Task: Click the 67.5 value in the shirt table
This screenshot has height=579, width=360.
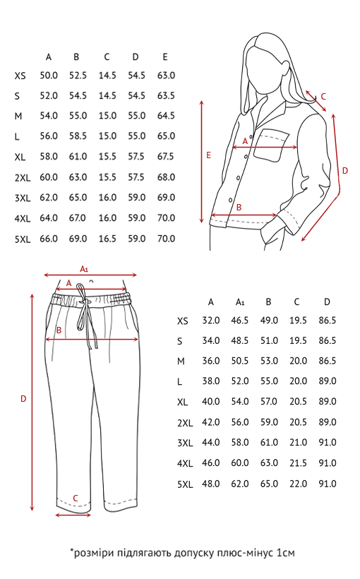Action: point(166,157)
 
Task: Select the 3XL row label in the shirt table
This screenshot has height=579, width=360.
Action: point(23,198)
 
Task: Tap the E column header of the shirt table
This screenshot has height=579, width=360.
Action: point(165,57)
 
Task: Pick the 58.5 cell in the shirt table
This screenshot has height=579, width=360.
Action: point(78,136)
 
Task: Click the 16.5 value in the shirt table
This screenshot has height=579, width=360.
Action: point(107,239)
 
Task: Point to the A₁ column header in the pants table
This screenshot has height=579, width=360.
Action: point(240,302)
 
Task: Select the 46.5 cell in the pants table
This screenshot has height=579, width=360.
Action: point(240,321)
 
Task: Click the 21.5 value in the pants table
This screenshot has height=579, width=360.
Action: point(298,463)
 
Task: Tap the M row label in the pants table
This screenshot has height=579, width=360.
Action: point(181,362)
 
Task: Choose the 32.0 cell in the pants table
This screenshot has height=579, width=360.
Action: point(211,321)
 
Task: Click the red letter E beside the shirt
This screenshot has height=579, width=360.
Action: point(209,155)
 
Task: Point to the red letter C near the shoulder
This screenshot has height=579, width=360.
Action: point(323,97)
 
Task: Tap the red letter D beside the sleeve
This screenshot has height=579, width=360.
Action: point(345,171)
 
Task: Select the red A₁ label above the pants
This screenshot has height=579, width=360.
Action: point(84,269)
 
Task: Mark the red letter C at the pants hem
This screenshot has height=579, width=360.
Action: point(76,498)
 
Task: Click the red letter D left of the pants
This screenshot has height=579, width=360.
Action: point(23,399)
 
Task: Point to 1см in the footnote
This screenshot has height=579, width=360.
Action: point(285,553)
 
